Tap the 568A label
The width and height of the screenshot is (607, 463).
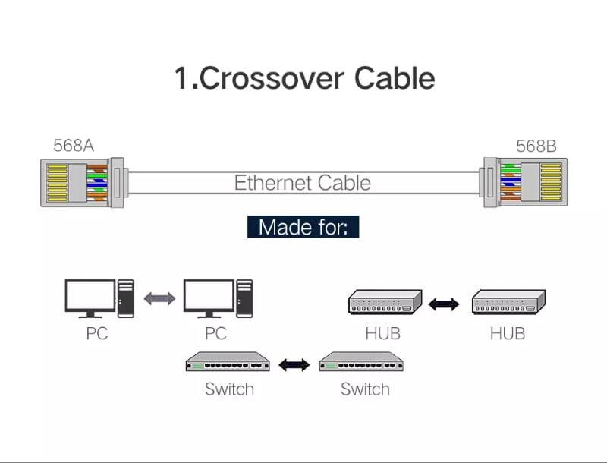(x=74, y=146)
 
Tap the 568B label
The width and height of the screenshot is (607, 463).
(x=536, y=146)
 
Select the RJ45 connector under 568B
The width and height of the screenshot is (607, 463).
(x=524, y=183)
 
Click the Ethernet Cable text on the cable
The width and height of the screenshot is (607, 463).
(x=302, y=183)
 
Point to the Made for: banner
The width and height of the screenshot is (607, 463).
(x=303, y=226)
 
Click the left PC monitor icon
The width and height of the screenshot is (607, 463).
(x=90, y=298)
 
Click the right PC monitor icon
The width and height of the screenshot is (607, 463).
(x=208, y=298)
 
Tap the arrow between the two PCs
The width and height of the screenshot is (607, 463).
(x=159, y=298)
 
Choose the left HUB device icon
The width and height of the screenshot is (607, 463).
(x=385, y=302)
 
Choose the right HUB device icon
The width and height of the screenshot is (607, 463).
(x=508, y=302)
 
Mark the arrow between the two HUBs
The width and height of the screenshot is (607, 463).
(x=444, y=304)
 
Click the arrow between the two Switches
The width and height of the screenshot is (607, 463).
(x=294, y=365)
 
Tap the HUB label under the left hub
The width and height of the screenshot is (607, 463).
(x=383, y=333)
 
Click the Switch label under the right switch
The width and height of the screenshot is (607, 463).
(x=365, y=389)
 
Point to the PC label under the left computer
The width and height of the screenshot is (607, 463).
(x=97, y=333)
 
